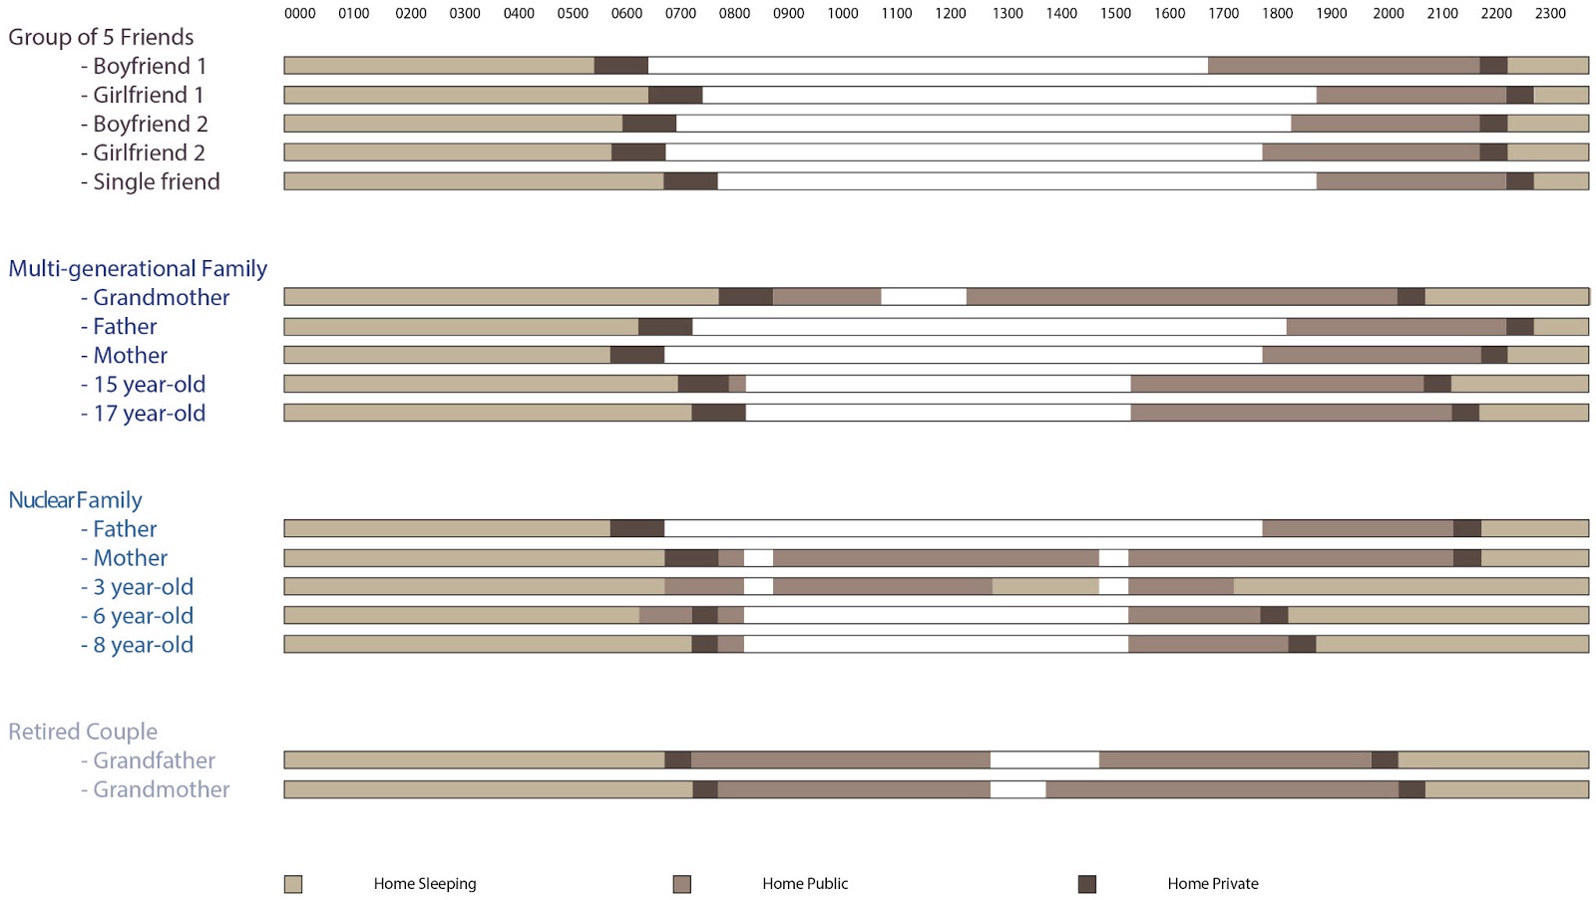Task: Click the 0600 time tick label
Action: (626, 14)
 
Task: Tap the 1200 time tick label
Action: (951, 14)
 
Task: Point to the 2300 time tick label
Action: (1550, 14)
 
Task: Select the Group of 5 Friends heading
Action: (101, 38)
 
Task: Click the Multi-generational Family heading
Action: (138, 269)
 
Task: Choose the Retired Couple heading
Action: (83, 732)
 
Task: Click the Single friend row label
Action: (156, 182)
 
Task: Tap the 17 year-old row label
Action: (149, 414)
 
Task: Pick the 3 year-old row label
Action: (143, 587)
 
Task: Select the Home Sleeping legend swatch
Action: (293, 884)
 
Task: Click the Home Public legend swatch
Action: (682, 884)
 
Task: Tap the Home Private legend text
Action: (1212, 884)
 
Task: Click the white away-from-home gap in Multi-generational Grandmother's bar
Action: (924, 297)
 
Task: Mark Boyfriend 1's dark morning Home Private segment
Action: (620, 66)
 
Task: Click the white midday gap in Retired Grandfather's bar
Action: (1044, 760)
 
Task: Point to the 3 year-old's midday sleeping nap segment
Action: (1045, 587)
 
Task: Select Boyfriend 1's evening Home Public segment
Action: (1343, 66)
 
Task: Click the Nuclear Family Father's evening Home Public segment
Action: (1357, 528)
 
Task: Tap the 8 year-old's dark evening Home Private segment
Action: (1302, 645)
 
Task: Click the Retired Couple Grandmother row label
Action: (161, 790)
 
